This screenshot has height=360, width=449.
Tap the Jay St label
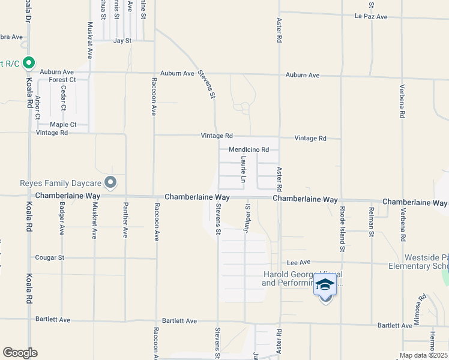point(122,41)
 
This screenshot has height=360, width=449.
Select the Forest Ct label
point(62,80)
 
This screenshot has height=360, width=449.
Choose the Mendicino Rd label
point(249,150)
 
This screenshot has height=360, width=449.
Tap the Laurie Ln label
point(243,170)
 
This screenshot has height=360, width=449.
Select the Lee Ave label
point(298,262)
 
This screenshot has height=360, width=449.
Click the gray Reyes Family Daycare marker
point(110,182)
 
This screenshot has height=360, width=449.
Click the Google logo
point(20,353)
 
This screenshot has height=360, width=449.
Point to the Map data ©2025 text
point(423,355)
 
